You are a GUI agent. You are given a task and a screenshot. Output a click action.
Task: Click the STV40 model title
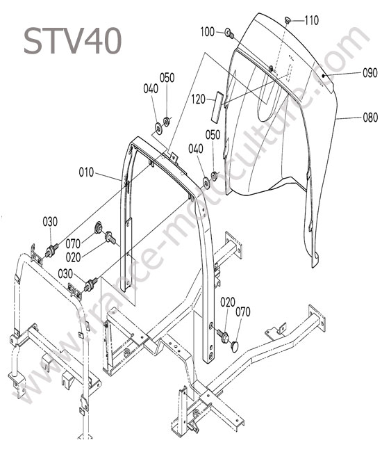point(72,41)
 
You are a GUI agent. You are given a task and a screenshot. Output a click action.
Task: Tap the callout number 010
point(86,172)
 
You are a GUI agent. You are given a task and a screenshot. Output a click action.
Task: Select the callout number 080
point(370,118)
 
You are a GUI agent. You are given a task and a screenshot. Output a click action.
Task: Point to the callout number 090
point(370,73)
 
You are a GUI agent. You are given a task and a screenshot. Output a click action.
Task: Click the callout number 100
point(208,32)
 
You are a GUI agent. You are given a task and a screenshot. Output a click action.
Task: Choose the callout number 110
point(312,20)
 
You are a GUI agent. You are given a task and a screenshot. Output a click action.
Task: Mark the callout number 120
point(199,99)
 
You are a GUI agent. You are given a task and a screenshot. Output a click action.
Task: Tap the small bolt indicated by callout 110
point(288,19)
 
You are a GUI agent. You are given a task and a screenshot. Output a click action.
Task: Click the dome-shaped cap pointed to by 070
point(235,346)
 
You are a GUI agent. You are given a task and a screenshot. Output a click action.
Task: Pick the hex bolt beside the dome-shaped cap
point(223,336)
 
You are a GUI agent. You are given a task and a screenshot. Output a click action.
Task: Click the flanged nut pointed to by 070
point(99,227)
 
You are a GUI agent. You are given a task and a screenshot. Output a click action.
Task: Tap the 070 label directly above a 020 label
point(73,244)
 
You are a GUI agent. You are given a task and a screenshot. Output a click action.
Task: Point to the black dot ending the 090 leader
point(323,76)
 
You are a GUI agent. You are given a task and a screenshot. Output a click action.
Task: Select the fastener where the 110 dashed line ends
point(271,69)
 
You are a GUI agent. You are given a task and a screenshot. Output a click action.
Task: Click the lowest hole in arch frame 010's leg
point(212,354)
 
